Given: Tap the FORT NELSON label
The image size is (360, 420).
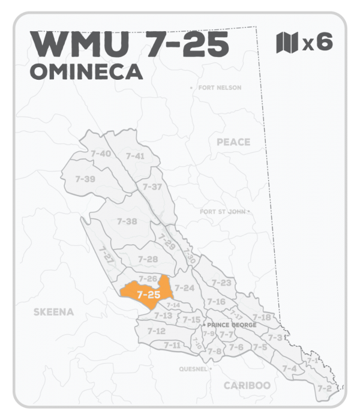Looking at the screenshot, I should click(219, 88).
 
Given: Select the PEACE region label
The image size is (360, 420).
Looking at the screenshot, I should click(233, 142).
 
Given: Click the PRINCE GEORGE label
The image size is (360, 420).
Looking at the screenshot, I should click(232, 325).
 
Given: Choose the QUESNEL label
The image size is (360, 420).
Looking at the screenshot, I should click(193, 369).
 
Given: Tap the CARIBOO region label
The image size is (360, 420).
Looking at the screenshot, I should click(246, 385).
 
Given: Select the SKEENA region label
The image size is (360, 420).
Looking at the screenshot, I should click(53, 312).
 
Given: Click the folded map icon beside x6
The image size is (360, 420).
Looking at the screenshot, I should click(287, 43).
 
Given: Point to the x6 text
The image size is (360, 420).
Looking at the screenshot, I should click(317, 43).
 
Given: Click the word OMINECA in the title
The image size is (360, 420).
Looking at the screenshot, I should click(86, 71).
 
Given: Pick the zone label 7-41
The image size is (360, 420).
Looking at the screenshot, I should click(136, 156).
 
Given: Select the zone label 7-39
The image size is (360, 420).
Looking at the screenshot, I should click(85, 179).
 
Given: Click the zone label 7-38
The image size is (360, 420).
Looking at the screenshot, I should click(127, 221).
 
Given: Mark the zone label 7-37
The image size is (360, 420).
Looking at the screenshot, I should click(152, 187).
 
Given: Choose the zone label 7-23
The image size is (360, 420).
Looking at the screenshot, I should click(222, 283).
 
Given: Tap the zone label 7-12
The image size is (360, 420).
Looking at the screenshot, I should click(156, 331).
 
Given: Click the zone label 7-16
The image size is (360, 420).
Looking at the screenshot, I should click(216, 301).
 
